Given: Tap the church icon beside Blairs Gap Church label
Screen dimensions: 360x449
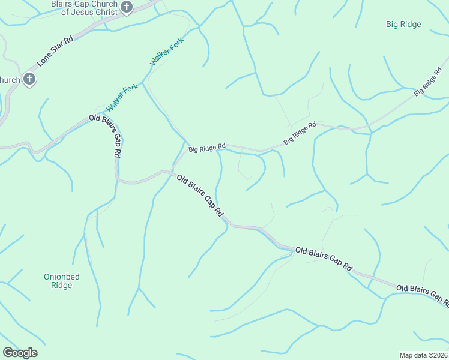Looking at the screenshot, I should point(127,7).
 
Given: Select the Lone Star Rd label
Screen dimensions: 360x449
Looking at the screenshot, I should point(55,50).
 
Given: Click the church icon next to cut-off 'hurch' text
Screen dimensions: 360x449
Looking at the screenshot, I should point(29,79).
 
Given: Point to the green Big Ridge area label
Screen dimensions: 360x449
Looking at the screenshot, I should point(403,25).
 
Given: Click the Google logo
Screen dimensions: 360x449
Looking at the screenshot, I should point(20,353).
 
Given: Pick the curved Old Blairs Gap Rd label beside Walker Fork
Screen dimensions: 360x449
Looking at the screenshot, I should point(107,134).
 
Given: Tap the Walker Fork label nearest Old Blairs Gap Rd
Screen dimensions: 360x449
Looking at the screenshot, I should point(122,97).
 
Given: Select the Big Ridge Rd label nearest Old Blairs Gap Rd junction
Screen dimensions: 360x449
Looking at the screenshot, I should point(207,146).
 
